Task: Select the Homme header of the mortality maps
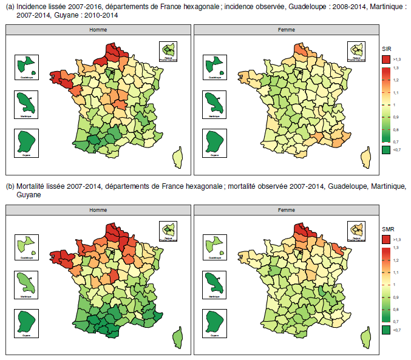tap(98, 209)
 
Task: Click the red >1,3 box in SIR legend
tap(386, 59)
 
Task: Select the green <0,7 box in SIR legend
tap(386, 149)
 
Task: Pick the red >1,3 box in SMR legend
tap(386, 239)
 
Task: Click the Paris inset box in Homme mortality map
tap(168, 231)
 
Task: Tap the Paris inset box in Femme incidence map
tap(356, 51)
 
